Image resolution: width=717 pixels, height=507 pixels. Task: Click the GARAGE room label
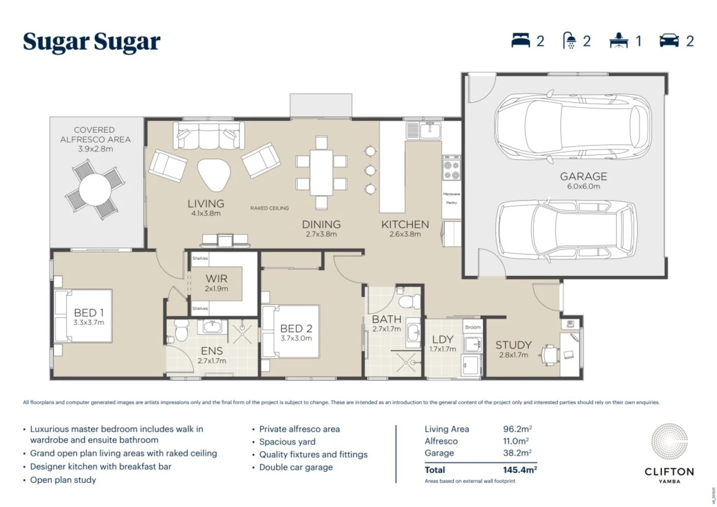coord(583,176)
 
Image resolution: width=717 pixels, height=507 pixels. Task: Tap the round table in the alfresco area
coord(95,189)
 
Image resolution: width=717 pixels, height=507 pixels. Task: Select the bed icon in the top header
coord(521,41)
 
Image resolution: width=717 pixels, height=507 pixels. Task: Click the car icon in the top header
coord(669,41)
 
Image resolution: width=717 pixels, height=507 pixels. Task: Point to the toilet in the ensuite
coord(181,330)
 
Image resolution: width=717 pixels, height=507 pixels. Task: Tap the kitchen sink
coord(429,130)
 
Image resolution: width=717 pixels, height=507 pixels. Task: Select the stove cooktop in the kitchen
coord(452,170)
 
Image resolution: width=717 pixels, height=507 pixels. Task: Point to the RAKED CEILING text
coord(270,208)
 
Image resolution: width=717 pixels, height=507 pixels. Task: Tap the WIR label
coord(217,278)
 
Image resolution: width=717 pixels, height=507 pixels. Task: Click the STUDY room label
coord(513,345)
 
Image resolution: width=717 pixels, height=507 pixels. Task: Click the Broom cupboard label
coord(473,327)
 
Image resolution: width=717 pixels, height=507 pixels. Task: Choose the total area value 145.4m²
coord(520,470)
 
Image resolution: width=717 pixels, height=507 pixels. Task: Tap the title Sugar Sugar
coord(92,42)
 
